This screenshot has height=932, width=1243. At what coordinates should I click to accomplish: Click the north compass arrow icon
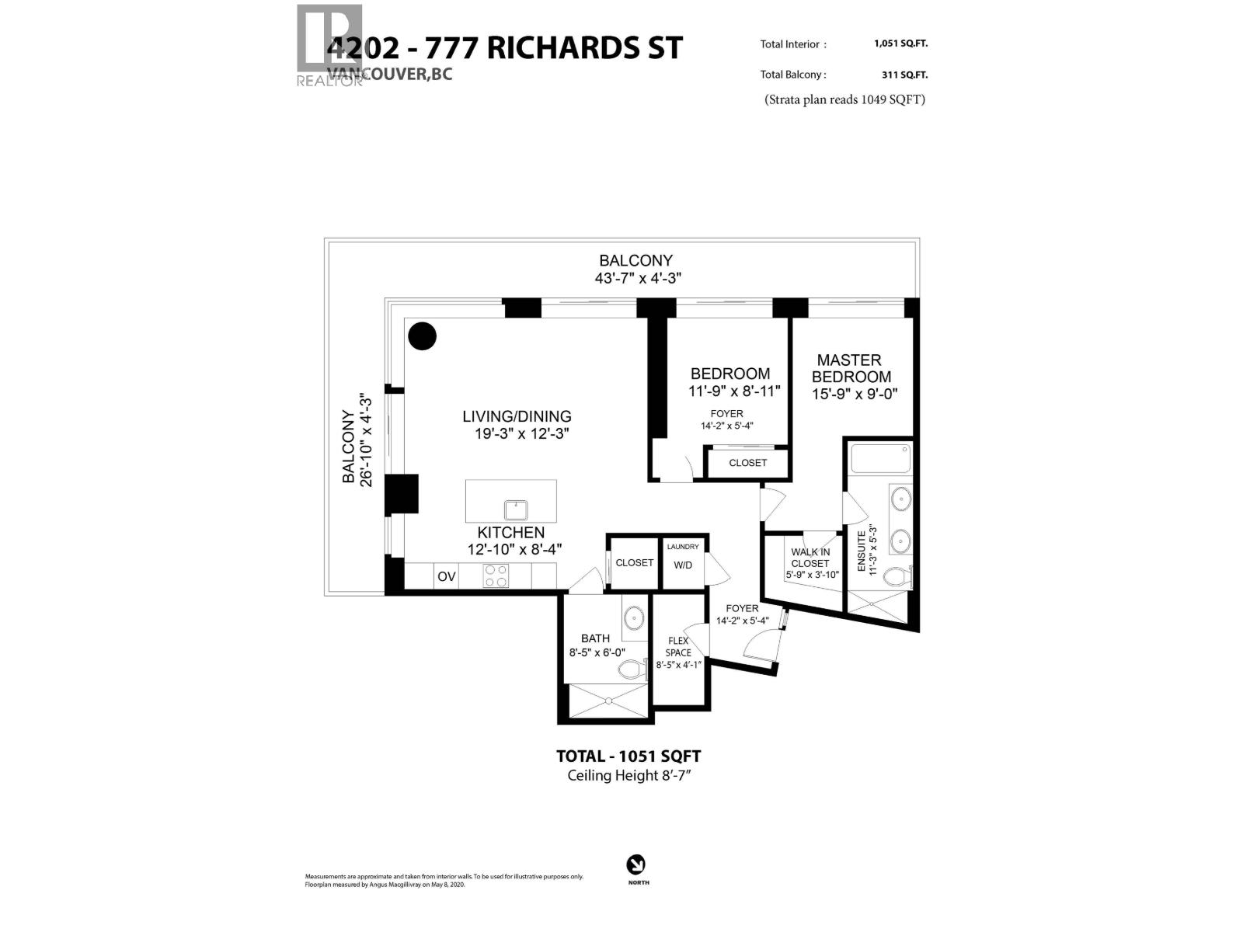(636, 864)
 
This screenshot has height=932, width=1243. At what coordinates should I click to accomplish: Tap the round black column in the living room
(423, 336)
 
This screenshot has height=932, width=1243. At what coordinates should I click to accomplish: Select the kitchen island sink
(516, 510)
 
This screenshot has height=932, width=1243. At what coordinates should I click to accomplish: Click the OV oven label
(446, 576)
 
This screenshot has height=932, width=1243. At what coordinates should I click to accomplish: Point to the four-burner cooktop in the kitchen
(496, 576)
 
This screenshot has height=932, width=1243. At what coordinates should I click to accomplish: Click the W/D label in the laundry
(683, 565)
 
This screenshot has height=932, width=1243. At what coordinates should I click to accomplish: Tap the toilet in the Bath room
(632, 669)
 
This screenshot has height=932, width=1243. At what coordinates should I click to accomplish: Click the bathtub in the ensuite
(879, 458)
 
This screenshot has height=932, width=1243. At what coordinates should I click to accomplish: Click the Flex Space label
(678, 647)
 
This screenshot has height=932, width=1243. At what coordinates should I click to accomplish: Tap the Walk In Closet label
(810, 558)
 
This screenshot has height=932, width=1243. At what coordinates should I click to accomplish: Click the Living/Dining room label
(517, 417)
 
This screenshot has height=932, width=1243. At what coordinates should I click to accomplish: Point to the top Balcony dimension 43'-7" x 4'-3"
(638, 278)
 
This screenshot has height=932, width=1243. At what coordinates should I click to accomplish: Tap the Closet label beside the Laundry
(634, 562)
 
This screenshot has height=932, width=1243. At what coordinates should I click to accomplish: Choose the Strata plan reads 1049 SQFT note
(844, 99)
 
